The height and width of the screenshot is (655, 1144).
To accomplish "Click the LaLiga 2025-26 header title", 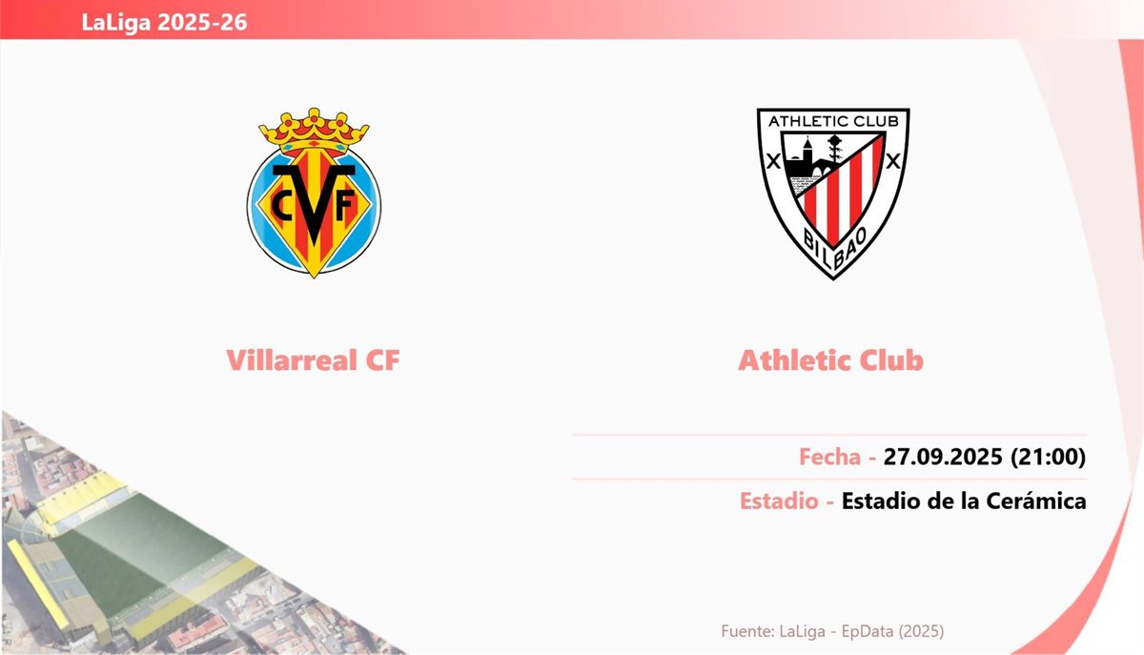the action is point(164,22).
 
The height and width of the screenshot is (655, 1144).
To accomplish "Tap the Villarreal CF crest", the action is point(314,193).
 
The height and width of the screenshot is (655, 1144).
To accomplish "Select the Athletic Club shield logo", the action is point(833,194).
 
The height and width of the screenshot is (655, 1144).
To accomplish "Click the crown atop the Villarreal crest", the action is point(314,131).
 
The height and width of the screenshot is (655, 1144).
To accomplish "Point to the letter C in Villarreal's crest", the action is point(281,205).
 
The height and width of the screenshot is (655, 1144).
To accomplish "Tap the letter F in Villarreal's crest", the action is point(345,205).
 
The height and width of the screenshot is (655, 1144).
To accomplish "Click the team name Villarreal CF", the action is point(313,360).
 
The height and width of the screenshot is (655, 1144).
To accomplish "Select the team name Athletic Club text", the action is point(831,360).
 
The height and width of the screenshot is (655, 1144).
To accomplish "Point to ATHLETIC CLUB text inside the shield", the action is point(833,121).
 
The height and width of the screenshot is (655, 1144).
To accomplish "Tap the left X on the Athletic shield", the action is point(774,162).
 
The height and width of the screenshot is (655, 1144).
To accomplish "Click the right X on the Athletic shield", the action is point(892,161).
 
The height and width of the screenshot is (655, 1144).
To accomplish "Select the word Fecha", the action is point(829,457).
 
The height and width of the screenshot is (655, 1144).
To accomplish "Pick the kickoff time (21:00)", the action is point(1048,457).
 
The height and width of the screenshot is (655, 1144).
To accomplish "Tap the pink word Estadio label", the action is point(779,501).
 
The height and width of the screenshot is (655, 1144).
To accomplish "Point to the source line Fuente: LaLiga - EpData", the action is point(832,631).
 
